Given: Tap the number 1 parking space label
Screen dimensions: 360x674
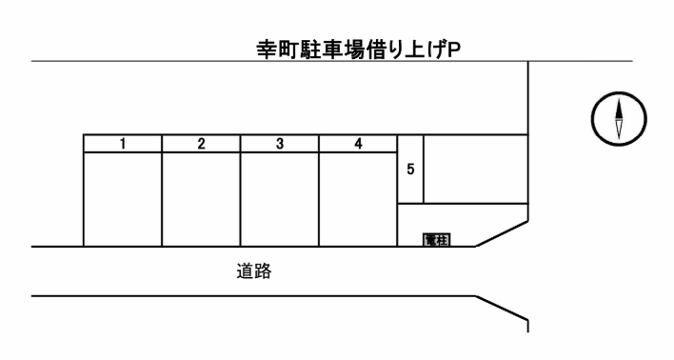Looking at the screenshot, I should point(123,144).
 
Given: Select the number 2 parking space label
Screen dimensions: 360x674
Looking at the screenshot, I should point(201,144).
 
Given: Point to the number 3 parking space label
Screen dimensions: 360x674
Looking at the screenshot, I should point(279,144).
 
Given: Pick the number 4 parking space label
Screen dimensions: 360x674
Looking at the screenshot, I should point(357,144).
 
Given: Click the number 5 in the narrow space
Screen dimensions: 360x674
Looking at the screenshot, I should point(409,169).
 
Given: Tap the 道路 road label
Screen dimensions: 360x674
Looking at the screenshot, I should point(255,271).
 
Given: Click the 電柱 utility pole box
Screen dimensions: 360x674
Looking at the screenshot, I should point(436,238).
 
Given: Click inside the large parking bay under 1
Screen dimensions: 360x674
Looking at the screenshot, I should point(123,198).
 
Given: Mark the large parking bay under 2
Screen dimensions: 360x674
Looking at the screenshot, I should point(201,198).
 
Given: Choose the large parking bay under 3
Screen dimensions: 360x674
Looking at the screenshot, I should point(279,198).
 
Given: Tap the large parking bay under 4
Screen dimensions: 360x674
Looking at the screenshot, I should point(357,198).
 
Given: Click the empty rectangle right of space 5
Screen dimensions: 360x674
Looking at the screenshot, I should point(474,169).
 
